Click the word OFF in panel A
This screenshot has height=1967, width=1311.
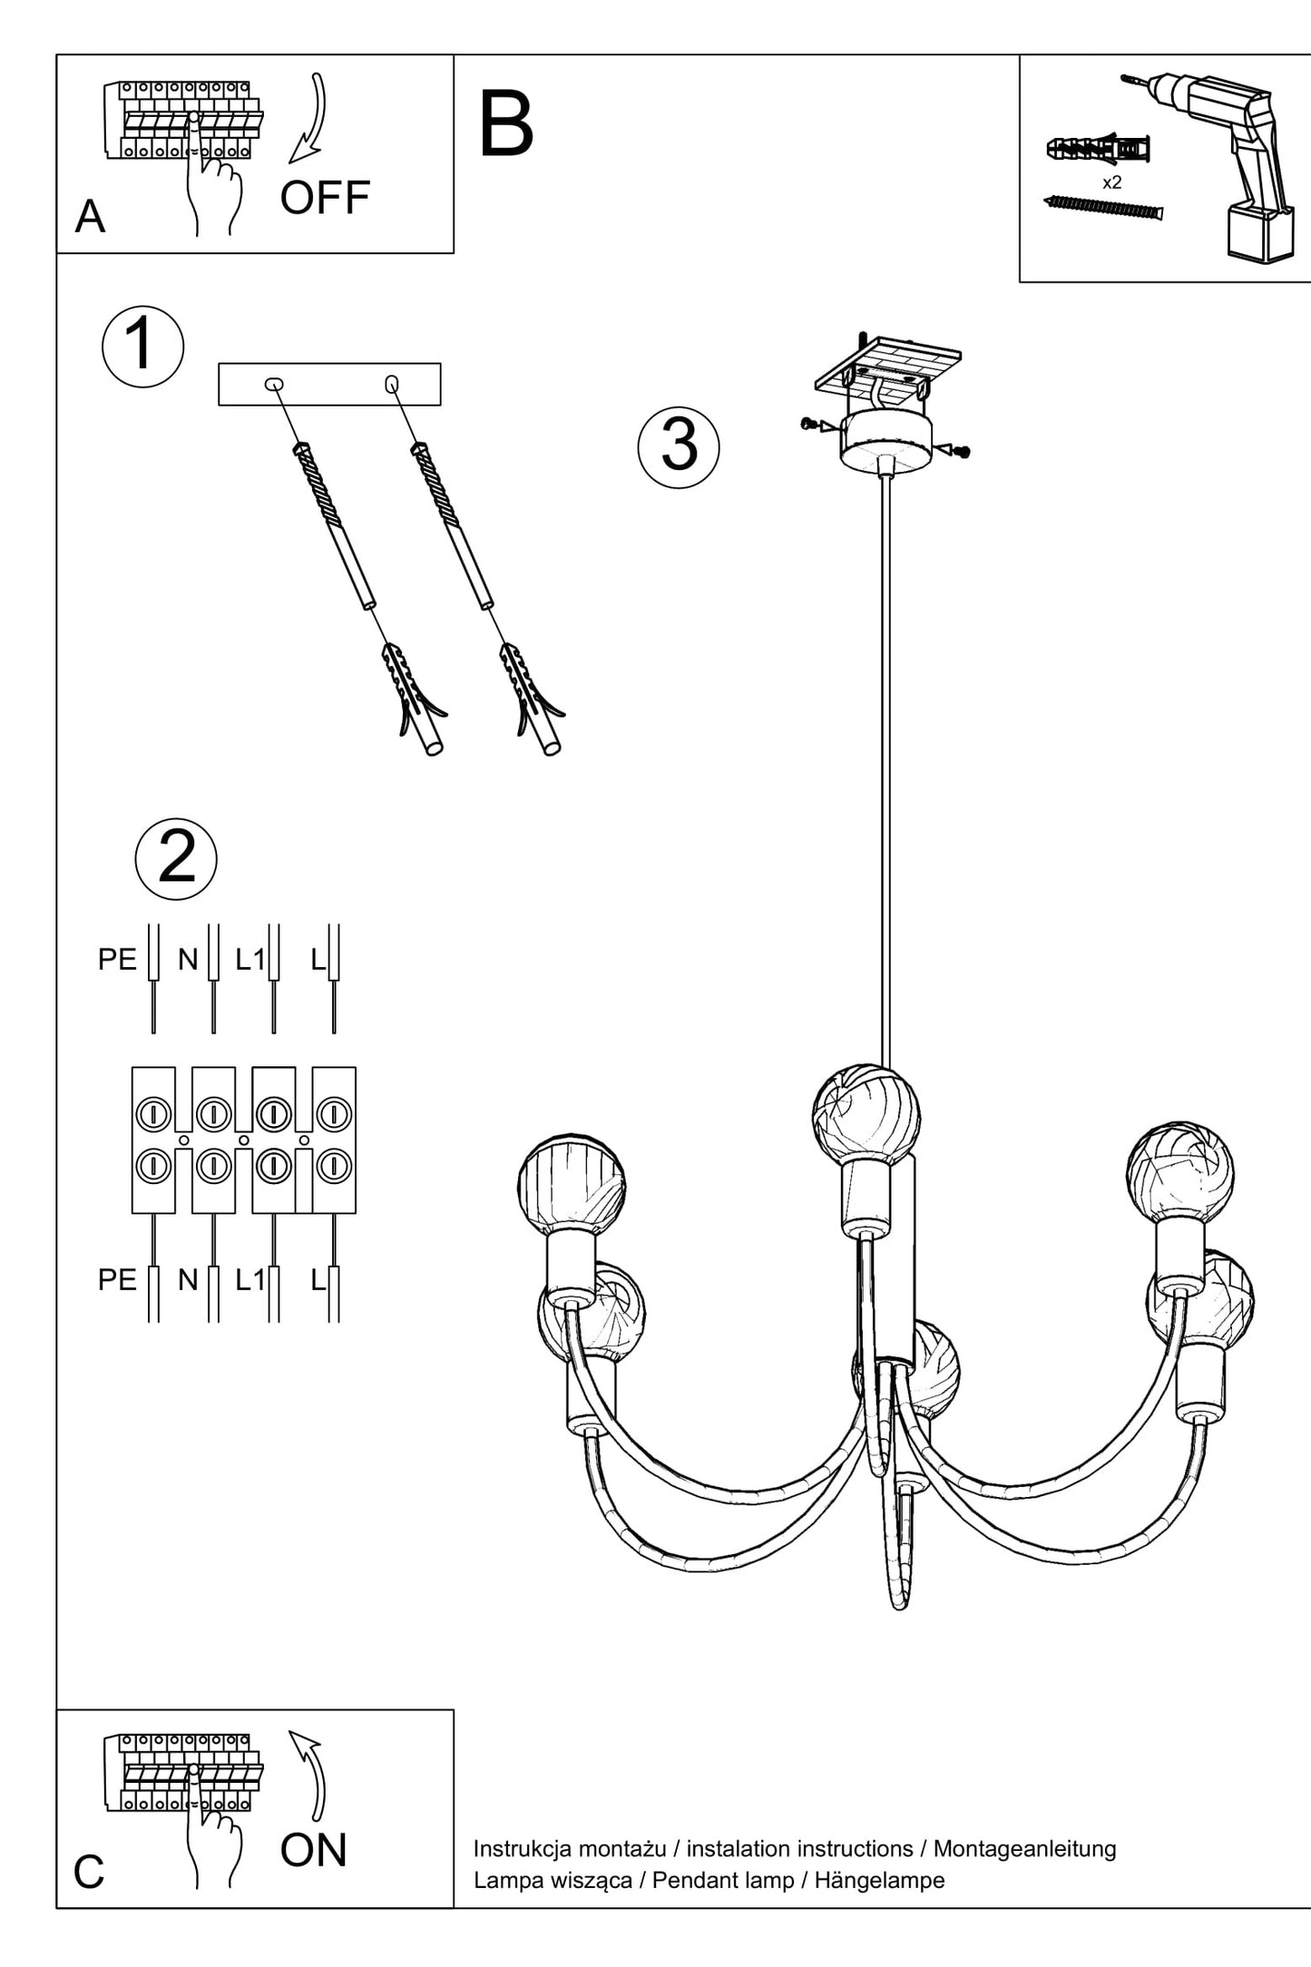pos(325,197)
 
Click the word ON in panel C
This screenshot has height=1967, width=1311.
pos(313,1850)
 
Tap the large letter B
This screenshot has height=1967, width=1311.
pos(505,124)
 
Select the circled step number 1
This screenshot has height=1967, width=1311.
pos(142,347)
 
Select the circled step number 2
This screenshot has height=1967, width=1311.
pos(176,858)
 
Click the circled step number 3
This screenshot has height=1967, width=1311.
pos(679,447)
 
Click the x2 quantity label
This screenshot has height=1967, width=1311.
pos(1111,182)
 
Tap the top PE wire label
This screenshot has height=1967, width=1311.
pos(117,959)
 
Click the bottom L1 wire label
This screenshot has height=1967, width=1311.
pos(249,1279)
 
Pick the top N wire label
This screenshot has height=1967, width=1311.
pos(188,959)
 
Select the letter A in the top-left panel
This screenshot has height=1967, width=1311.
pos(90,217)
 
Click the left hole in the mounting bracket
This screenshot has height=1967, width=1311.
pos(273,384)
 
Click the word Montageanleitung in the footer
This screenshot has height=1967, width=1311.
pos(1024,1848)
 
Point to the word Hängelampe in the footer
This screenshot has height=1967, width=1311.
pos(879,1880)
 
